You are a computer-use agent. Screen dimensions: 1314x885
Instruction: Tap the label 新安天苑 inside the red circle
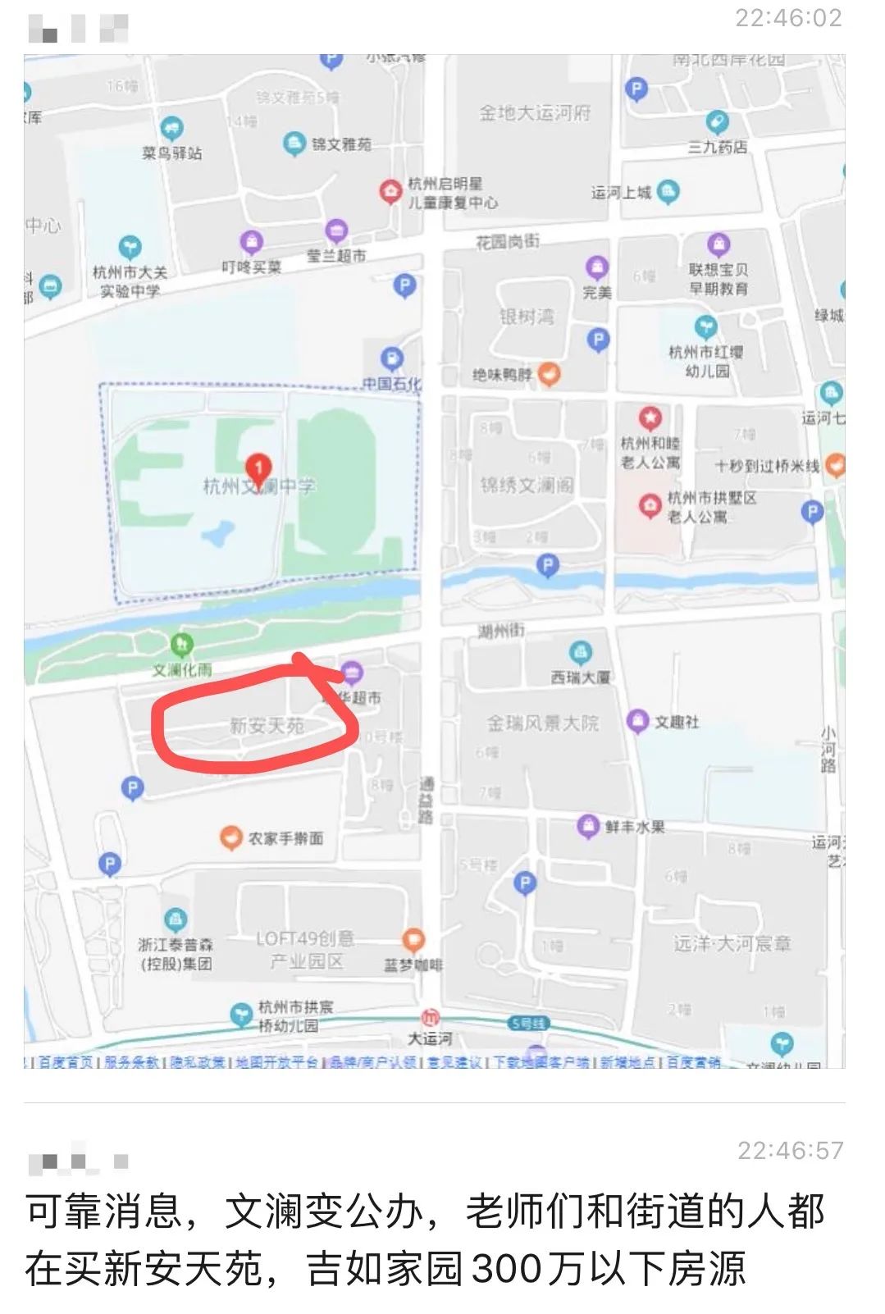coord(267,726)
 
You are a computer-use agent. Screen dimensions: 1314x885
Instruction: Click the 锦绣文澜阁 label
coord(527,486)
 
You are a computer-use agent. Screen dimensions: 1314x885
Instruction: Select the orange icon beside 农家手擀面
coord(231,837)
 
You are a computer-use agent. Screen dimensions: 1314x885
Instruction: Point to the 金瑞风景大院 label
coord(543,723)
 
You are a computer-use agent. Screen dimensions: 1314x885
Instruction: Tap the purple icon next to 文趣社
coord(637,721)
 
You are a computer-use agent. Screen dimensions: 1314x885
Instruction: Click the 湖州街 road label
coord(501,631)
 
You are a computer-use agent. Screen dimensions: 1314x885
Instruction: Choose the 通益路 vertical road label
coord(427,800)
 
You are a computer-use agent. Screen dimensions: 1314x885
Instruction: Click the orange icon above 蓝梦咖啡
coord(413,940)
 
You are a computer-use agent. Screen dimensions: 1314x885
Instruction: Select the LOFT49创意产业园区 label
coord(305,949)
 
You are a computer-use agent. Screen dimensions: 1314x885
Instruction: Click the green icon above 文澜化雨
coord(181,645)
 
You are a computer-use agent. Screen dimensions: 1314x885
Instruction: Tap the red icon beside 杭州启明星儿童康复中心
coord(390,192)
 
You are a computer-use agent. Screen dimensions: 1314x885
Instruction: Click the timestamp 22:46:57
coord(790,1151)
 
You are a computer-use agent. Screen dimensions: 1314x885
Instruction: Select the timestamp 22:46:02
coord(788,18)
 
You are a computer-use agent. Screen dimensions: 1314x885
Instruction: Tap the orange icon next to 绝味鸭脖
coord(550,375)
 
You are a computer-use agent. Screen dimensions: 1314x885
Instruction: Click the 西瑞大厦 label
coord(581,678)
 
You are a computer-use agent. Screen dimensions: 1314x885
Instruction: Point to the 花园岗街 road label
coord(508,242)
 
